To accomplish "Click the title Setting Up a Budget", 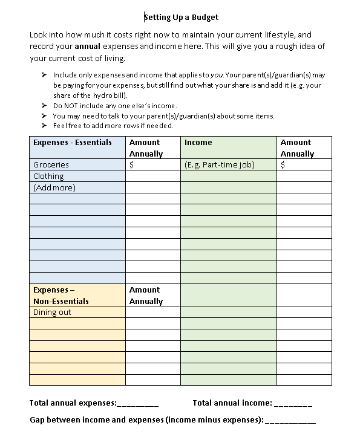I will click(181, 17).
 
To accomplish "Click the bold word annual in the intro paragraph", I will click(87, 47).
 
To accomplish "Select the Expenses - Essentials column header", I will click(73, 143).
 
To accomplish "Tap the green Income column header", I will click(198, 143).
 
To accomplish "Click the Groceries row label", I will click(51, 164).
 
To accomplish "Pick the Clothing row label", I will click(48, 176).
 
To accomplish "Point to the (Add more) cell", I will click(54, 187).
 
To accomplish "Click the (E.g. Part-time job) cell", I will click(220, 164).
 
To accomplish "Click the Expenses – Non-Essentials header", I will click(61, 296).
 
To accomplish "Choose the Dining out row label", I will click(52, 312).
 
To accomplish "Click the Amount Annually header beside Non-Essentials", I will click(146, 296).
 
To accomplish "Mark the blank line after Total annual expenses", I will click(137, 404).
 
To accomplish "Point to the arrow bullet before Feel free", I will click(44, 126).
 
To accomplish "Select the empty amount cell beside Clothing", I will click(152, 176).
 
